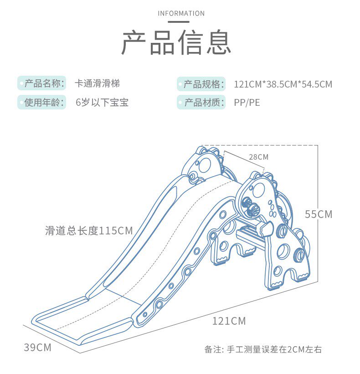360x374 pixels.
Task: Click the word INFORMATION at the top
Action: pyautogui.click(x=181, y=13)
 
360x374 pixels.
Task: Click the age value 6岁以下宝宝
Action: pyautogui.click(x=102, y=102)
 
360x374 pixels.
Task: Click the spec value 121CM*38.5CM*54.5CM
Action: pyautogui.click(x=283, y=84)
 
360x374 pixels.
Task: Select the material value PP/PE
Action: pyautogui.click(x=247, y=102)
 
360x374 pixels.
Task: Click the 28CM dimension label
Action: pyautogui.click(x=258, y=157)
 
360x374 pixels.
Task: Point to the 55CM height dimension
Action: pyautogui.click(x=319, y=214)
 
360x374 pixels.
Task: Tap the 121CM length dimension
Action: pyautogui.click(x=229, y=321)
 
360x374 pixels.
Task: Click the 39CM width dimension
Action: pyautogui.click(x=37, y=348)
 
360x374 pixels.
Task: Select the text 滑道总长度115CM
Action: pyautogui.click(x=89, y=231)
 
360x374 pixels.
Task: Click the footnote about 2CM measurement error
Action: pyautogui.click(x=263, y=350)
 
